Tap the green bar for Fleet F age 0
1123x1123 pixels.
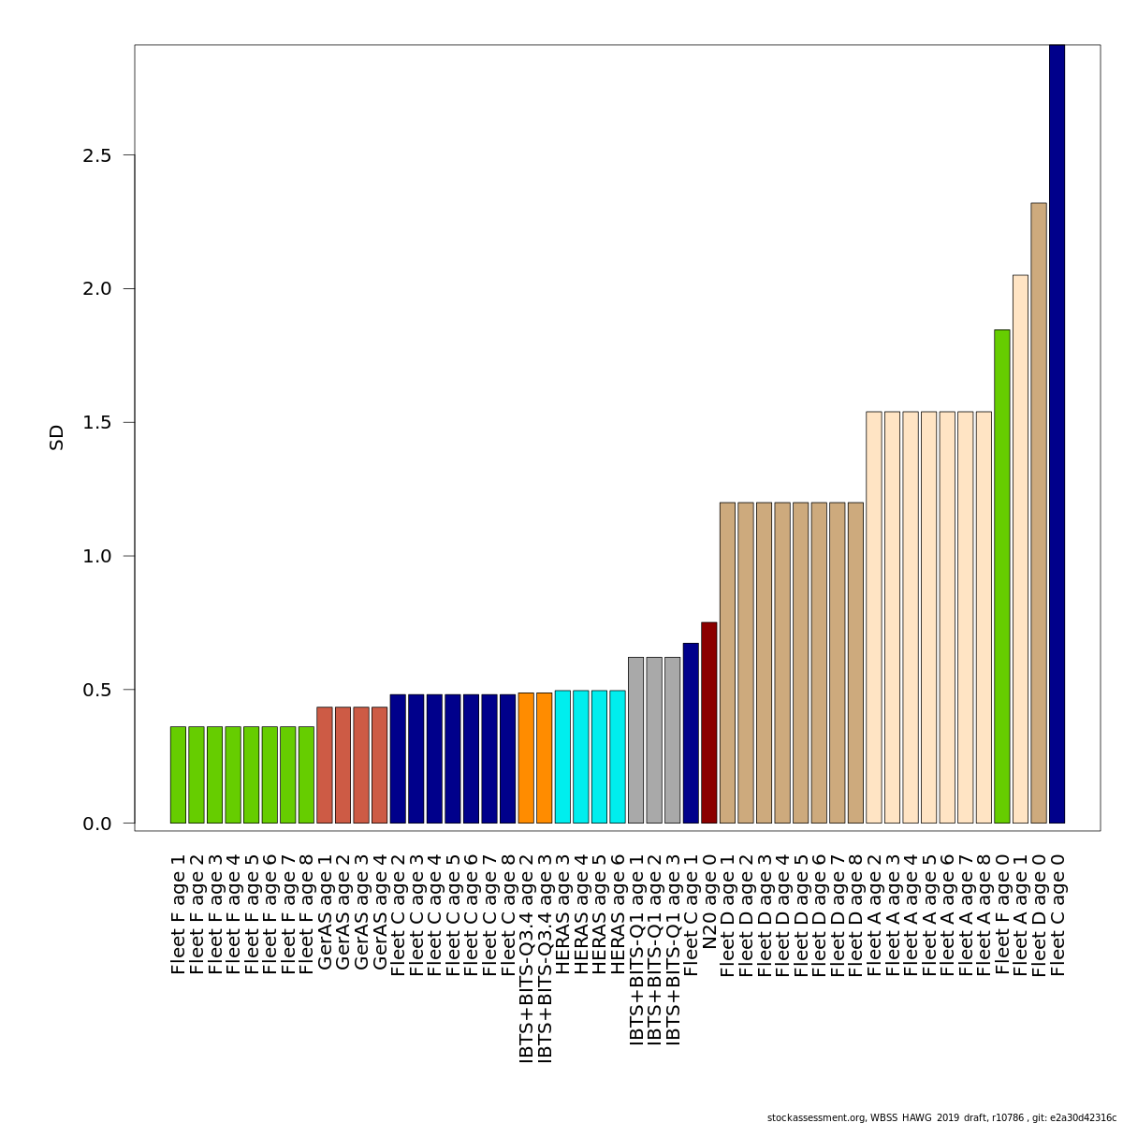point(1002,576)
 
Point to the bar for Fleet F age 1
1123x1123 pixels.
point(178,775)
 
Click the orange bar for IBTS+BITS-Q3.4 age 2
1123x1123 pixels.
point(526,758)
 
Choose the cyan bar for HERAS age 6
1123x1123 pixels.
point(618,757)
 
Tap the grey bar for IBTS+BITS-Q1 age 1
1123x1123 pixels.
point(635,740)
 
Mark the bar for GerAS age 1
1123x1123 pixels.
point(325,765)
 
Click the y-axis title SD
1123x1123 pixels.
point(57,437)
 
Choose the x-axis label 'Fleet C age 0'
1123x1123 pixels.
point(1057,914)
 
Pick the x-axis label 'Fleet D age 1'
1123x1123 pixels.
point(728,914)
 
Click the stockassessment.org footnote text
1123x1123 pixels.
point(941,1117)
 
